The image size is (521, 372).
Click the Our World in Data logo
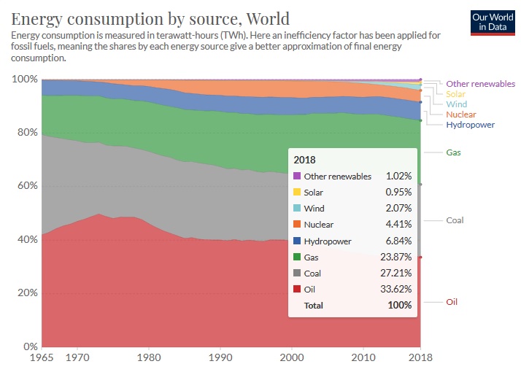(489, 23)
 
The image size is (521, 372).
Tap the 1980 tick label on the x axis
(149, 358)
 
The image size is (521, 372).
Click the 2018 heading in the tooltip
(304, 159)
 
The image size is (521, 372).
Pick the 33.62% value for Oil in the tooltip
(398, 289)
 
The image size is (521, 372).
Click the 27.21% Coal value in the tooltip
(398, 273)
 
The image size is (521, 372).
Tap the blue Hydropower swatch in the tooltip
(297, 241)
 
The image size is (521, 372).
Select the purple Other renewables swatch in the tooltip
(297, 177)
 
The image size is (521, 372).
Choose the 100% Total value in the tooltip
(400, 305)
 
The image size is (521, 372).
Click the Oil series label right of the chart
(452, 302)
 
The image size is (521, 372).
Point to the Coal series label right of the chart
(455, 220)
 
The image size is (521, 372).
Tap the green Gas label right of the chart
(453, 152)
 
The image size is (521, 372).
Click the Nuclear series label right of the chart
(461, 115)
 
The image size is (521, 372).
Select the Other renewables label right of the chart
(480, 84)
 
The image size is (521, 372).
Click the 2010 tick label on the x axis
(363, 358)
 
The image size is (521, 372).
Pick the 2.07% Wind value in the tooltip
(398, 209)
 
